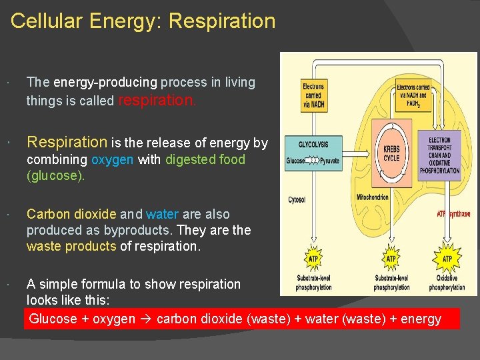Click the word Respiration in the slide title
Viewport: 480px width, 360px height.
(x=222, y=21)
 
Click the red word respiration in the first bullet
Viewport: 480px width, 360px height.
(x=157, y=101)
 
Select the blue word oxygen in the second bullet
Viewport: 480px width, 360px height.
(x=113, y=160)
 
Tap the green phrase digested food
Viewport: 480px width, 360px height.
(x=205, y=160)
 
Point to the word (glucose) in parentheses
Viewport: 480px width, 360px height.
(x=56, y=177)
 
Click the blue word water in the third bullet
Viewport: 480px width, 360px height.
(x=162, y=215)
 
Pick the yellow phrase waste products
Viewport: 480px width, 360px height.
(x=71, y=246)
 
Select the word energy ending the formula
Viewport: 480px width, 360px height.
(x=421, y=319)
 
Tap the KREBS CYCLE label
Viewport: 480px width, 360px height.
(x=391, y=153)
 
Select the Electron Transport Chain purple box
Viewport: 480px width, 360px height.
(x=439, y=155)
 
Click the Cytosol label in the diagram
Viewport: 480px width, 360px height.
(x=297, y=199)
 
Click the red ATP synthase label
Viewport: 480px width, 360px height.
(x=453, y=214)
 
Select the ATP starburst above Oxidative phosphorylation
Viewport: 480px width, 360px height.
(x=447, y=259)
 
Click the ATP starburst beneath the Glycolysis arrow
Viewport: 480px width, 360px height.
(x=313, y=259)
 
